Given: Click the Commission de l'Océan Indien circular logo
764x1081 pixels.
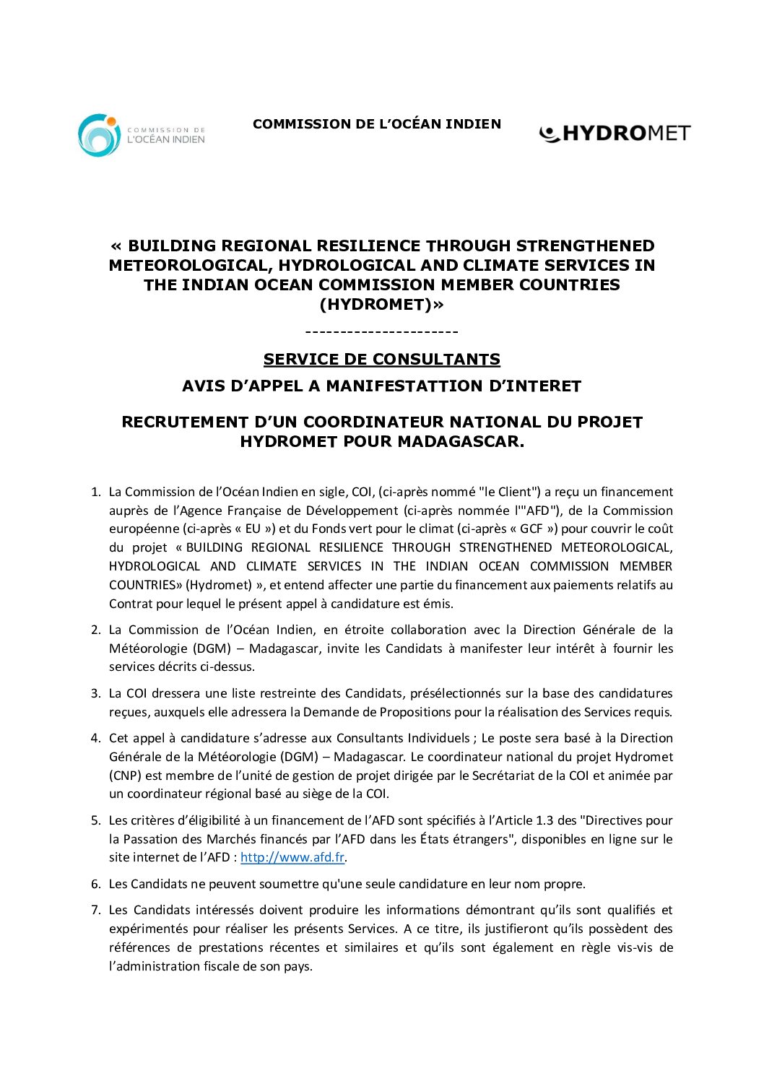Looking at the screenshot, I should pos(99,135).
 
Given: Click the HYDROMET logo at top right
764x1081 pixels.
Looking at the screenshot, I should pos(615,134).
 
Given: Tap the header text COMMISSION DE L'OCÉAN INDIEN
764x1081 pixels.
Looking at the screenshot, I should pos(376,124).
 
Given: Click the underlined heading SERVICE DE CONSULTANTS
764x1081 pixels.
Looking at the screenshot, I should pos(381,360).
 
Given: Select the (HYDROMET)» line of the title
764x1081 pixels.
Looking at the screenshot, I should pos(382,305).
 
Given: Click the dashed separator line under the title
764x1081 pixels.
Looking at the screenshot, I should pos(381,332).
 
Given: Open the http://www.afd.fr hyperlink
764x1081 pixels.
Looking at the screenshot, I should pos(292,858).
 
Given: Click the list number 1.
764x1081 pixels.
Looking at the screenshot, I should pos(95,492).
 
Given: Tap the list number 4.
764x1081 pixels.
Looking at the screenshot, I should pos(95,739).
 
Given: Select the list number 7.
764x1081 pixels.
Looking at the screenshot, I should pos(95,911).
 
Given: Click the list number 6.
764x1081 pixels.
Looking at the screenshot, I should pos(95,885).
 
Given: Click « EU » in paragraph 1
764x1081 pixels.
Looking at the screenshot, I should pos(253,529).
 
